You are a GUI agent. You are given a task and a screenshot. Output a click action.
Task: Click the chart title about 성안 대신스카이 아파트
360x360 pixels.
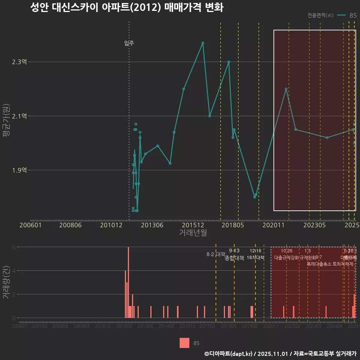(127, 8)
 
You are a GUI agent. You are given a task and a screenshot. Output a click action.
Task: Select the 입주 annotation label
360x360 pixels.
(129, 43)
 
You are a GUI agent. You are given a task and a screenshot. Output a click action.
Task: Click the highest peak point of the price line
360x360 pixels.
(203, 43)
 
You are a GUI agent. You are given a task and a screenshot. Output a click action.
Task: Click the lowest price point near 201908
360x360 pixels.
(255, 197)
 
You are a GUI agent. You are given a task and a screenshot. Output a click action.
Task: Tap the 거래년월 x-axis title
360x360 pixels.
(193, 233)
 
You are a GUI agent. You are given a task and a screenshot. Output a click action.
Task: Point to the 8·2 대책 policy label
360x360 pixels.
(216, 254)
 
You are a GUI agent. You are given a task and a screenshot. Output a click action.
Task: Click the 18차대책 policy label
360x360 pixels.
(255, 258)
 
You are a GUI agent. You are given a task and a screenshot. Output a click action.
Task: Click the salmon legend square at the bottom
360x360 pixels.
(184, 343)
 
